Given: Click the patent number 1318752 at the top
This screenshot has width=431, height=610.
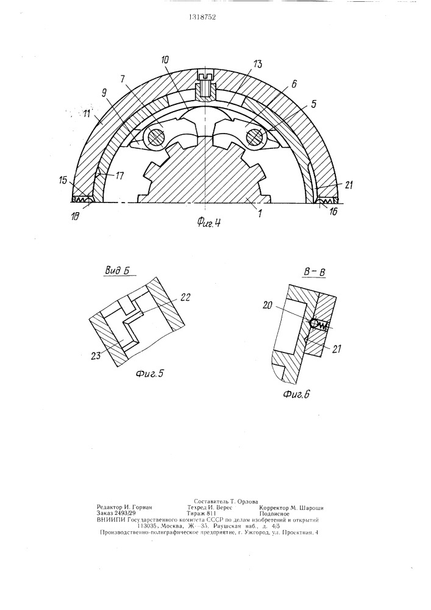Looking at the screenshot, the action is point(202,17).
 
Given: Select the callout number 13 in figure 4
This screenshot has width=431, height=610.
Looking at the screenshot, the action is point(257,64).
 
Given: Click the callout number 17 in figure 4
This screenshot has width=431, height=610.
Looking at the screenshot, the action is point(119,176).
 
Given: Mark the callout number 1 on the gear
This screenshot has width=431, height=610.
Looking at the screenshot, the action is point(260,213).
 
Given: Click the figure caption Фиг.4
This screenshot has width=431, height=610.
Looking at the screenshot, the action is point(208,222).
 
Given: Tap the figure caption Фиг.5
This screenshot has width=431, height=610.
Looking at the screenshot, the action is point(149,375).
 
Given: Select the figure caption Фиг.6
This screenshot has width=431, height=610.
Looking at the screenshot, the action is point(296,395).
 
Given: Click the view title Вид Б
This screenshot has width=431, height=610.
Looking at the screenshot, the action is point(116,271).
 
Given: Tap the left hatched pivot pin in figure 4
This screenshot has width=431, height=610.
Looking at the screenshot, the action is point(155,137).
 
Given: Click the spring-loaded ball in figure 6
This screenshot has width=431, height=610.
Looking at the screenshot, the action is point(313,323).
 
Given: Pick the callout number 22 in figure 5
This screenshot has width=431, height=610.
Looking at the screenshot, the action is point(185,297).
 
